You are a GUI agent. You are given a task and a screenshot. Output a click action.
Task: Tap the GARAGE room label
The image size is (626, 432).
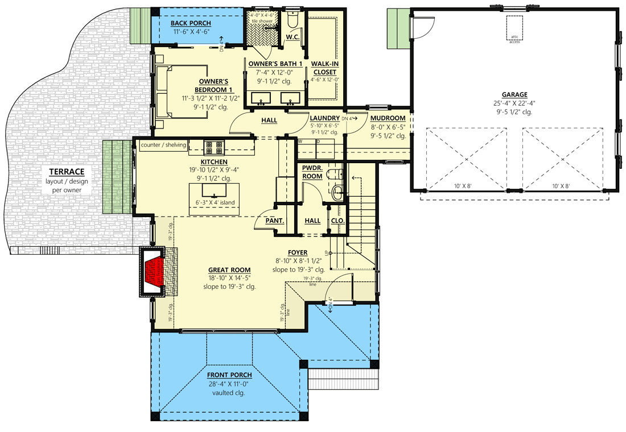pos(514,95)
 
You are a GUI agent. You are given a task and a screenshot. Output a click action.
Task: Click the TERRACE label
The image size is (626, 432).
pos(66,172)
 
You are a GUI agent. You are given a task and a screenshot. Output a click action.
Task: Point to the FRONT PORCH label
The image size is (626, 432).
pos(229,375)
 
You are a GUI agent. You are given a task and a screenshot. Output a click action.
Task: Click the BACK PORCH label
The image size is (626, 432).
pos(191,24)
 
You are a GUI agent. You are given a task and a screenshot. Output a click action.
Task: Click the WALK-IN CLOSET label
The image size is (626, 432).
pos(324,68)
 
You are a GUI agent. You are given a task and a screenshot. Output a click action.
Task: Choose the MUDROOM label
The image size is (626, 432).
pos(388,118)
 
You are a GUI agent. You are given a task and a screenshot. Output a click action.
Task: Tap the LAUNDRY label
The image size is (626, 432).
pos(326,118)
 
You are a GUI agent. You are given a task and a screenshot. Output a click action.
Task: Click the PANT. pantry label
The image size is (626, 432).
pos(274,221)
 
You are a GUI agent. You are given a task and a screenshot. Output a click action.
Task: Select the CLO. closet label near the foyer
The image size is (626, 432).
pos(338,221)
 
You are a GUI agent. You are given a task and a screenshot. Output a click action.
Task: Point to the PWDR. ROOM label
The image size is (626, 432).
pos(312,172)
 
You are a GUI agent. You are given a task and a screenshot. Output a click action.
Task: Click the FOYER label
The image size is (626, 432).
pos(298,252)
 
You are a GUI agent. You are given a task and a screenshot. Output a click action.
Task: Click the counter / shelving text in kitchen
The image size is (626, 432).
pos(163,145)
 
